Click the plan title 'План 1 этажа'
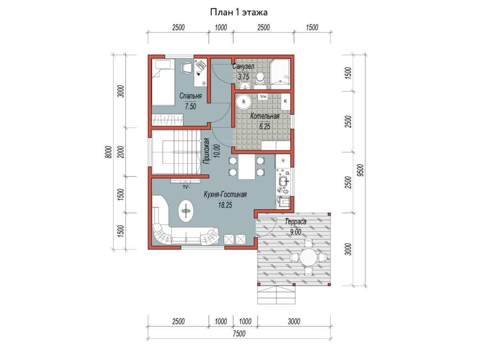(238, 12)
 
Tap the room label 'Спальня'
(190, 96)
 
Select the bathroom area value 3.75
(243, 77)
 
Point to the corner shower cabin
(280, 71)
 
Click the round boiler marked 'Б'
(244, 102)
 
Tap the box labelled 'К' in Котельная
(285, 102)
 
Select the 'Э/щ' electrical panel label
(263, 96)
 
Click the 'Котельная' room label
(265, 116)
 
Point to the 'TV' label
(185, 187)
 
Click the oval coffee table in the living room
(186, 211)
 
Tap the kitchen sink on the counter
(284, 181)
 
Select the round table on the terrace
(308, 257)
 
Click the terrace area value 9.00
(296, 232)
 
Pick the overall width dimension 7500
(239, 334)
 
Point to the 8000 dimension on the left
(108, 152)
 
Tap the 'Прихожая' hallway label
(206, 151)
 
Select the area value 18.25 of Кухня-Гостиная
(225, 205)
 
